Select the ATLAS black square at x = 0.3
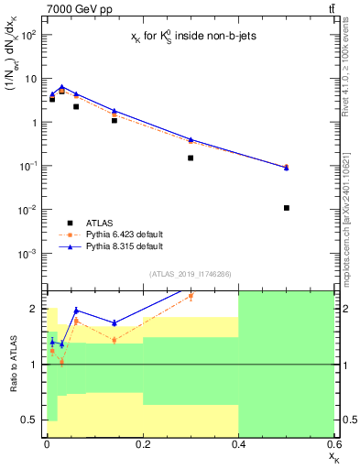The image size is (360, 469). click(191, 158)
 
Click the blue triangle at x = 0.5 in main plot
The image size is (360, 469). click(287, 168)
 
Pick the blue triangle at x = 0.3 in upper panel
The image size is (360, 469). click(191, 139)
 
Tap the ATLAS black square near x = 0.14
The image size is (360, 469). click(114, 120)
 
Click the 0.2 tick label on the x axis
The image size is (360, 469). click(142, 444)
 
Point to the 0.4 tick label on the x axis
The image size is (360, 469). click(238, 444)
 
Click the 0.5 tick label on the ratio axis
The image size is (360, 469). click(30, 420)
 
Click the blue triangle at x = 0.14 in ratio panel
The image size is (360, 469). click(114, 322)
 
